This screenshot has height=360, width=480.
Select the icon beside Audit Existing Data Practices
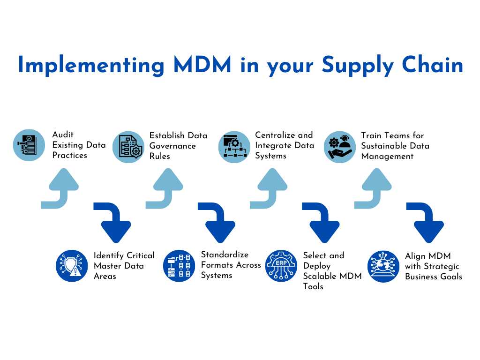pyautogui.click(x=29, y=145)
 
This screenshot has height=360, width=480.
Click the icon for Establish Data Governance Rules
pyautogui.click(x=128, y=147)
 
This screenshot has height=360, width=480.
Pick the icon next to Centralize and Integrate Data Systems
pyautogui.click(x=234, y=147)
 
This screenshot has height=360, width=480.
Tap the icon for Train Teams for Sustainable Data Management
pyautogui.click(x=340, y=147)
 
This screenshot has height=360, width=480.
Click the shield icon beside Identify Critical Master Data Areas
pyautogui.click(x=72, y=266)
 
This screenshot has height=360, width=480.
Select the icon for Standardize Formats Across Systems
pyautogui.click(x=179, y=266)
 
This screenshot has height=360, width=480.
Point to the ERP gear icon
pyautogui.click(x=281, y=266)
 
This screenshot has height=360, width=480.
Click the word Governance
pyautogui.click(x=172, y=146)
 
